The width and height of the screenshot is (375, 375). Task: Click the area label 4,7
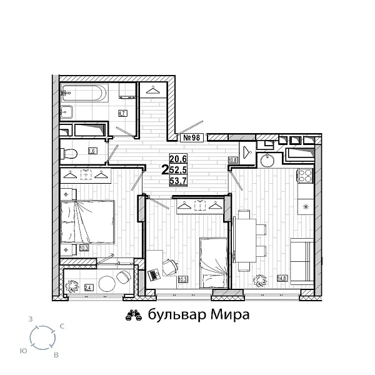coord(123,113)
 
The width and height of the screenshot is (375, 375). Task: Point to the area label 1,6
coord(92,151)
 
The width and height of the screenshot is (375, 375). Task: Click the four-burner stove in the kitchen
coord(306,176)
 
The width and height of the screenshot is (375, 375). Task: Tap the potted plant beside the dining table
coord(259,280)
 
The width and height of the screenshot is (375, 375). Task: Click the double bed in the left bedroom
coord(89,222)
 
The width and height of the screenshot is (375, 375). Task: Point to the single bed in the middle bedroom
coord(212,260)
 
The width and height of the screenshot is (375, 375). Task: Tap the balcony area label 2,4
coord(88,288)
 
